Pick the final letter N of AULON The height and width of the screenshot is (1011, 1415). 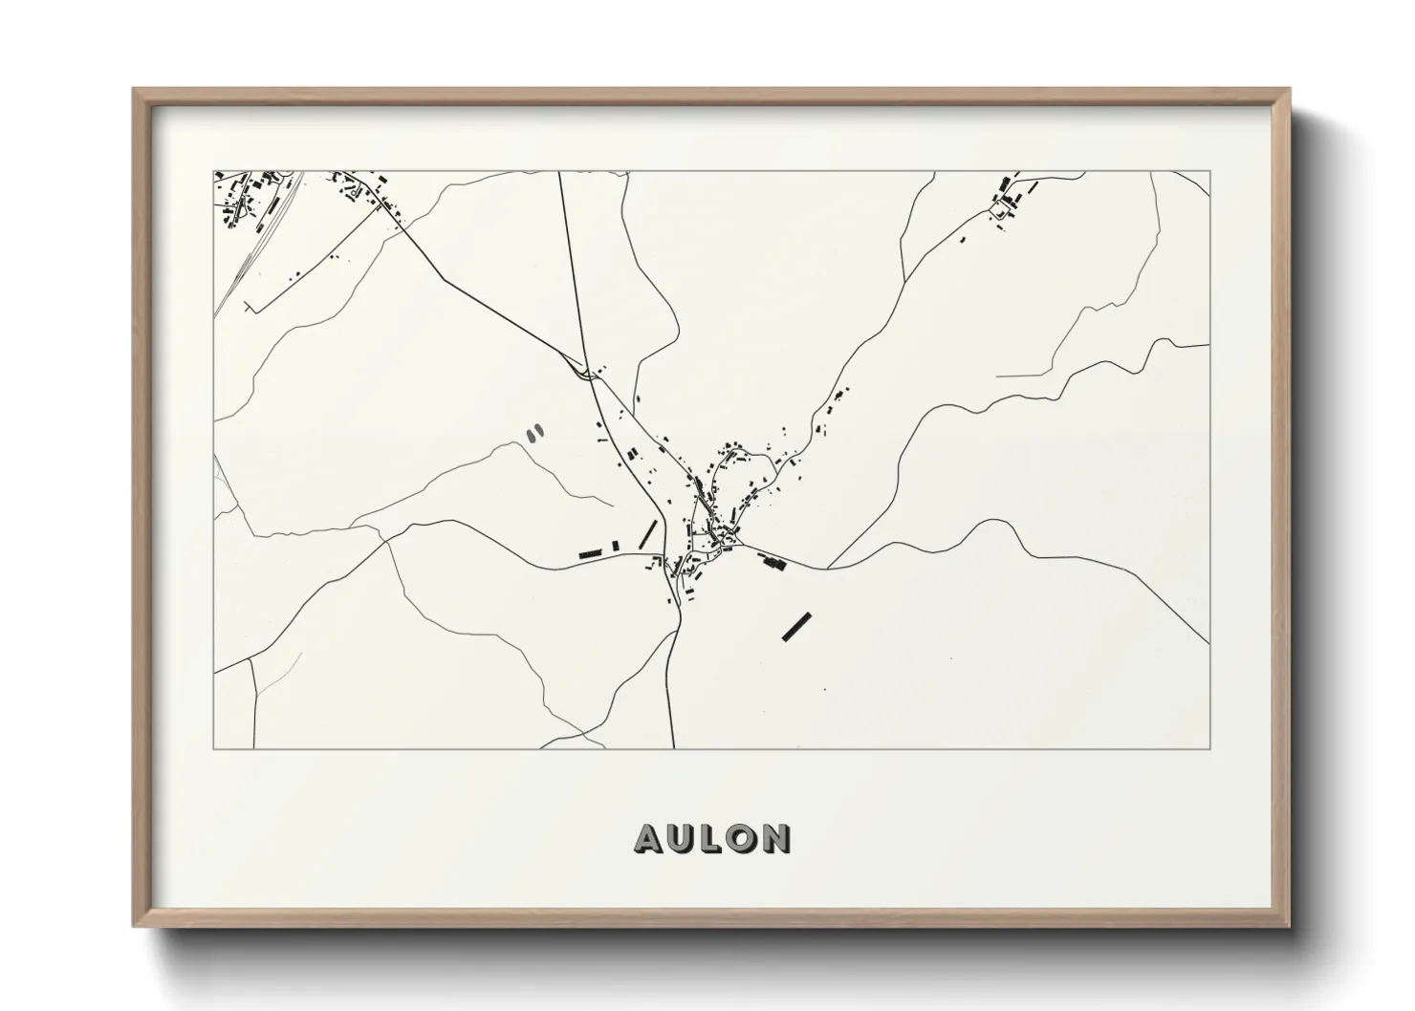(x=775, y=839)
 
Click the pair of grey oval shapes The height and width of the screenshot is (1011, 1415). (x=534, y=433)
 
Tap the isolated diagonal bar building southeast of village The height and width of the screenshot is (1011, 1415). (x=796, y=627)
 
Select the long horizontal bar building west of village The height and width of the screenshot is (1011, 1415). (x=591, y=552)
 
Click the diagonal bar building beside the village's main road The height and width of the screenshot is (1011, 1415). (x=648, y=533)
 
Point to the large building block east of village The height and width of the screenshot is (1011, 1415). (x=772, y=563)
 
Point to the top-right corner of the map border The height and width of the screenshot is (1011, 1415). (x=1208, y=172)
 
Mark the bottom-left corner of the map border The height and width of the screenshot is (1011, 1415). (x=213, y=748)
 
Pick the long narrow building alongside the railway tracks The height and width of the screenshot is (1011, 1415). (x=274, y=205)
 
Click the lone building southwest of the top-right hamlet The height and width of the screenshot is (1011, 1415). (x=963, y=239)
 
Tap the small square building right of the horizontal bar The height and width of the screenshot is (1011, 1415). (x=616, y=546)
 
